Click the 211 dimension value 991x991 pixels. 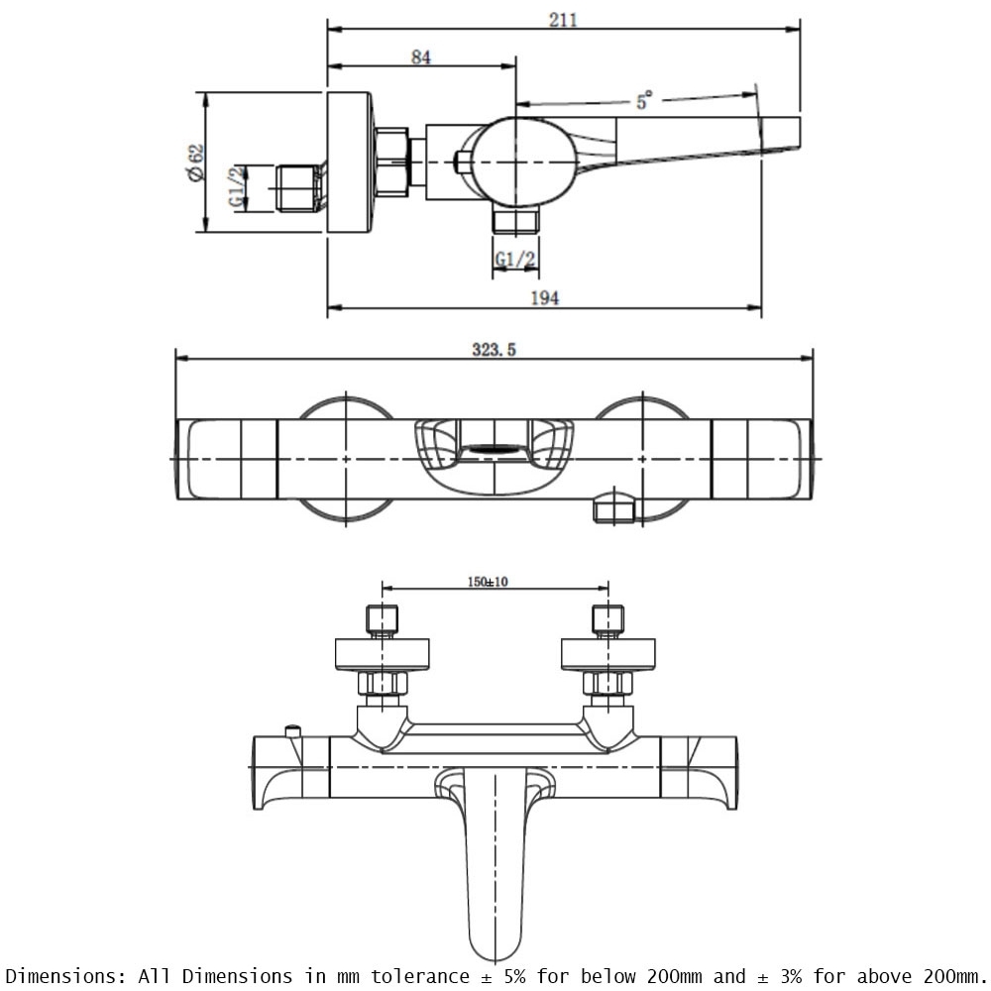(x=563, y=20)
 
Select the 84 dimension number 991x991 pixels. (x=421, y=56)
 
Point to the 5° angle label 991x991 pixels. (x=644, y=100)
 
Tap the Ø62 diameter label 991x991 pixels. (x=196, y=164)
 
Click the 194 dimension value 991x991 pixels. (x=544, y=297)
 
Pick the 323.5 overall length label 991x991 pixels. (x=494, y=350)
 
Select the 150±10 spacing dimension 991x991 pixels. (x=488, y=582)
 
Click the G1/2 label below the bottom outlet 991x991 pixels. (x=515, y=259)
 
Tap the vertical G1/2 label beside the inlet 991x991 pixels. (x=237, y=187)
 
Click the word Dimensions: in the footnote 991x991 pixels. (x=65, y=976)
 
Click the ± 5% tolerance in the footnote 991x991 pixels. (x=503, y=976)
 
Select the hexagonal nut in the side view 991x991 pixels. (x=391, y=162)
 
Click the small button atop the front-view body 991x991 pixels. (x=292, y=731)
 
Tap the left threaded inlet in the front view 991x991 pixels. (x=382, y=620)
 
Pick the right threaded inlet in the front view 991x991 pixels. (x=608, y=620)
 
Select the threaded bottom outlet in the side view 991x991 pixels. (x=515, y=221)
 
